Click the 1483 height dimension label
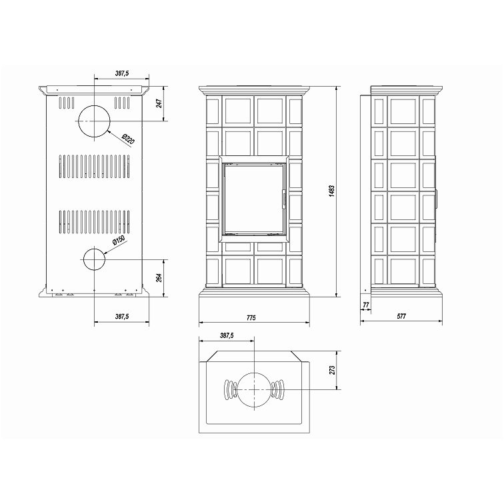(x=332, y=191)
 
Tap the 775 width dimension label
(x=251, y=317)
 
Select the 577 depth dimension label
(x=401, y=316)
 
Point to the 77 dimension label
(x=366, y=305)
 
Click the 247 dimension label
(x=159, y=103)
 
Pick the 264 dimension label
(x=159, y=278)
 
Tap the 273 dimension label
(x=332, y=370)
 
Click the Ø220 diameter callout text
(x=128, y=139)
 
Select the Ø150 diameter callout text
(x=119, y=240)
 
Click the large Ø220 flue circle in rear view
(x=94, y=105)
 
